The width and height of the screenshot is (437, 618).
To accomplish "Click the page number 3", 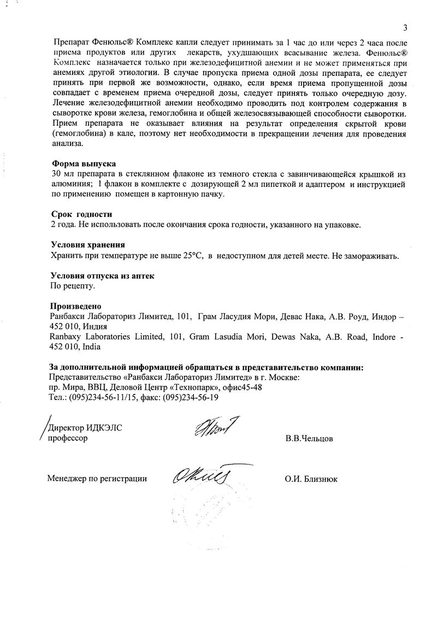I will (405, 27).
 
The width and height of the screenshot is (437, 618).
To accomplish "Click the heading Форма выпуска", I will (83, 164).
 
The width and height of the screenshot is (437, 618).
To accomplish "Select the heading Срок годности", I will (81, 215).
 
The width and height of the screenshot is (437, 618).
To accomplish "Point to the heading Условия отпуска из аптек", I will (102, 276).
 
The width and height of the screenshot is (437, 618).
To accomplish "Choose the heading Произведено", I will (76, 306).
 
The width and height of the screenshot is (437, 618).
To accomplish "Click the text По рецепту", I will (72, 286).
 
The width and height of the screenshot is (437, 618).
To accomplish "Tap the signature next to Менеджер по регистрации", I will (200, 477).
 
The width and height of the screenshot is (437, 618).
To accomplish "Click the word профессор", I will (68, 438).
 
